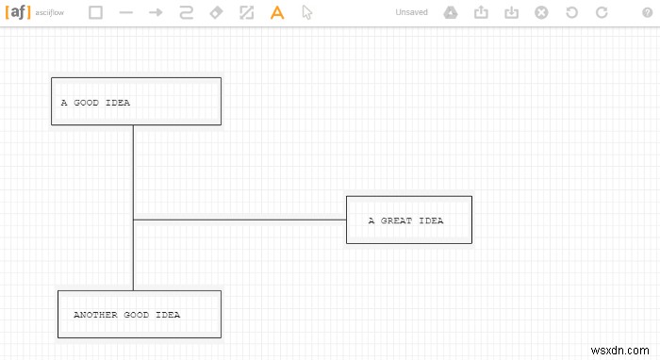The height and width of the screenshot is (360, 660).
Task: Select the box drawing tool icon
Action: click(x=95, y=13)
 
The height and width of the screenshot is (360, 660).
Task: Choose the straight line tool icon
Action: click(x=126, y=13)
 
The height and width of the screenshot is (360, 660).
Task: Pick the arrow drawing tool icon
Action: click(x=157, y=13)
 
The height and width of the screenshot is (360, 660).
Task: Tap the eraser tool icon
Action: click(x=216, y=13)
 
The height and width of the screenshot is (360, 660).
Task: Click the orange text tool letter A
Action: click(x=276, y=13)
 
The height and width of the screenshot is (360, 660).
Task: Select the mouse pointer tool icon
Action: click(x=306, y=13)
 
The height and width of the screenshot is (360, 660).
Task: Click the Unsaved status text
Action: click(x=411, y=13)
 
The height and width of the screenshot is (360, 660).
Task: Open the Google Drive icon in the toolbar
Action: click(x=451, y=13)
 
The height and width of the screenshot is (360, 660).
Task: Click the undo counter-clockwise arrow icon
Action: click(x=571, y=13)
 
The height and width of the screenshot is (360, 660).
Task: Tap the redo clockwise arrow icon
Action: click(x=602, y=13)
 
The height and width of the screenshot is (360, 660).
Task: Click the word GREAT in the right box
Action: click(x=396, y=221)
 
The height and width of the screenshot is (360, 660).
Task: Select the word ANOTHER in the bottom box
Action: click(x=95, y=315)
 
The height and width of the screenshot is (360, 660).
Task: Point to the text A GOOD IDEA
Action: click(x=95, y=103)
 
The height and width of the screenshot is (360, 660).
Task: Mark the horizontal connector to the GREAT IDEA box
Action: click(x=240, y=220)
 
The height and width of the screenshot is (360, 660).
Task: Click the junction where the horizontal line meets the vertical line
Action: click(x=133, y=220)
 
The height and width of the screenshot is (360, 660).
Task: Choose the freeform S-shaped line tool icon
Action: click(x=186, y=13)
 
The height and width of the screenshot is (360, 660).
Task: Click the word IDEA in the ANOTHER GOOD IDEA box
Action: click(x=167, y=315)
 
